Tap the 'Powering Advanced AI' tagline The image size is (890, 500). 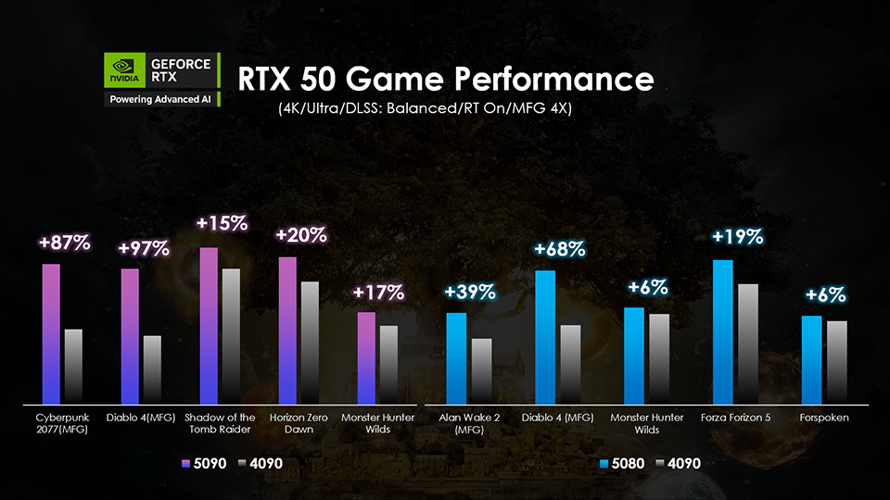tap(161, 98)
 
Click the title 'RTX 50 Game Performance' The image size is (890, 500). tap(446, 79)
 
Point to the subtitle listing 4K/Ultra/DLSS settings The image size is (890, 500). tap(425, 109)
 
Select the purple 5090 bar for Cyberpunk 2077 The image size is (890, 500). tap(51, 333)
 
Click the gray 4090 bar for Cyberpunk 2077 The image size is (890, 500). tap(73, 366)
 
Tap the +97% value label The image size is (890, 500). tap(143, 248)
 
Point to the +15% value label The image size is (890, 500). tap(222, 223)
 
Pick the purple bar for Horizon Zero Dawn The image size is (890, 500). tap(287, 330)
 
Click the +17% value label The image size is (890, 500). tap(378, 293)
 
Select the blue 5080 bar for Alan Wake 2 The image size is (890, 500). tap(456, 357)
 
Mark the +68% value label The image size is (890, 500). tap(559, 249)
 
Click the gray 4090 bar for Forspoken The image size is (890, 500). tap(836, 362)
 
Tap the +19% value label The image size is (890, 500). tap(737, 237)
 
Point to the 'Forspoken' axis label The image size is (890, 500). tap(824, 418)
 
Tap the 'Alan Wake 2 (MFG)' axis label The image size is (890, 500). tap(469, 423)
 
